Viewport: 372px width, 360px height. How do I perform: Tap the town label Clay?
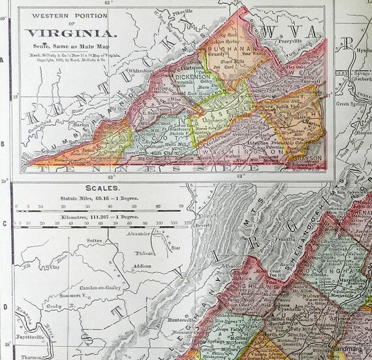point(55,267)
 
